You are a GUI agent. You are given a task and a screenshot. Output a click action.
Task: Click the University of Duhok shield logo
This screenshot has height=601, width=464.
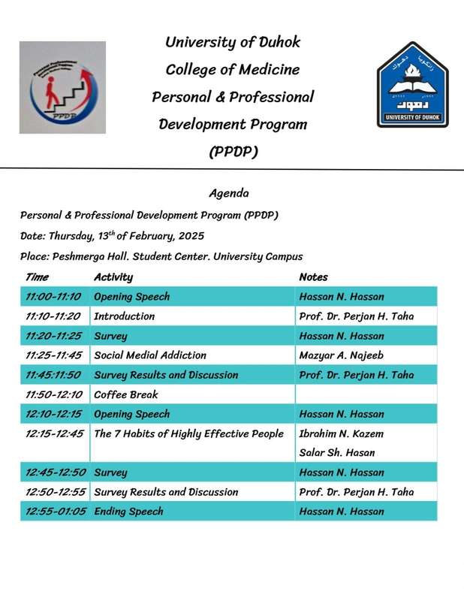[x=413, y=84]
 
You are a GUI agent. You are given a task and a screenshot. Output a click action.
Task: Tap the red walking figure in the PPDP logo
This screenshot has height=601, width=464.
[x=51, y=92]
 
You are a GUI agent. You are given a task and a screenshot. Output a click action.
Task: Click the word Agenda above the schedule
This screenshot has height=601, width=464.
[x=229, y=193]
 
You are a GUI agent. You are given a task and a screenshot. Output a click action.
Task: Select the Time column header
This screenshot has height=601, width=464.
[x=38, y=276]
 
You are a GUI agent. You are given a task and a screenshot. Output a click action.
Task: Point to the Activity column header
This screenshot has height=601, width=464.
[x=113, y=276]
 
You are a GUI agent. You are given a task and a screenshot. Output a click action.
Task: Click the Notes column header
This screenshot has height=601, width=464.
[x=313, y=276]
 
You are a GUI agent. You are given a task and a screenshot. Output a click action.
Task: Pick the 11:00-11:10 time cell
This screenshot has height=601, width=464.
[x=53, y=296]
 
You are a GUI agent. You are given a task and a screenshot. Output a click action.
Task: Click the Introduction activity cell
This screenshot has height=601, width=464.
[x=124, y=316]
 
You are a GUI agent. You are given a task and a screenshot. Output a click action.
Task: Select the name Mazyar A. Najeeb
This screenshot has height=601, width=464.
[x=341, y=355]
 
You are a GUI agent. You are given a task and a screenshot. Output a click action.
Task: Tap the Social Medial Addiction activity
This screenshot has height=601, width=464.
[x=150, y=355]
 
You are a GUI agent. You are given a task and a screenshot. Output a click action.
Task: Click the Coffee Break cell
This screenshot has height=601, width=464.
[x=125, y=394]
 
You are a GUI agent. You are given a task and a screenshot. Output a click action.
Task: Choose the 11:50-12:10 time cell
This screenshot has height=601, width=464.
[x=53, y=394]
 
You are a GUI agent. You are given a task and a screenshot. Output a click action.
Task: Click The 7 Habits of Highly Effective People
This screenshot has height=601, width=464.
[x=189, y=433]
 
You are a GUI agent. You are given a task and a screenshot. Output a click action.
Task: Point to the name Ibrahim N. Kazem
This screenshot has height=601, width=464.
[x=341, y=433]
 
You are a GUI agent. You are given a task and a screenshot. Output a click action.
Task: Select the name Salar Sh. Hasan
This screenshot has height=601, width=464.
[x=337, y=453]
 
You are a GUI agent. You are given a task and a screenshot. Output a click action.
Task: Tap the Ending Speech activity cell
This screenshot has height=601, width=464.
[x=128, y=512]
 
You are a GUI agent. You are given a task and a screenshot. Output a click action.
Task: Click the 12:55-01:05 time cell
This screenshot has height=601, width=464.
[x=56, y=512]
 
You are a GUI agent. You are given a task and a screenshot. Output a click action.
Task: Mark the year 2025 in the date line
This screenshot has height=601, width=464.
[x=191, y=236]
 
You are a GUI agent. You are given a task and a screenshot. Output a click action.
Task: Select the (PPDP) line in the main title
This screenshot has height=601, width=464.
[x=234, y=152]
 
